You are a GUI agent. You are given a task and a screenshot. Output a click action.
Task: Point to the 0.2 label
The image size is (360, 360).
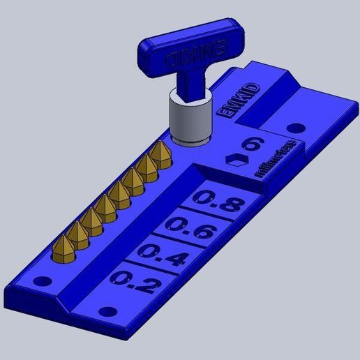[134, 282]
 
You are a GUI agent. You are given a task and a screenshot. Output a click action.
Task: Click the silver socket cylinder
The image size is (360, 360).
[190, 120]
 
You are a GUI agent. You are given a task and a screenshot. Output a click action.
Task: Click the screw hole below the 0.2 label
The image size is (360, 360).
[107, 311]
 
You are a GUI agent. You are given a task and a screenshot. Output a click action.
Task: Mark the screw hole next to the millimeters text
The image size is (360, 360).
[296, 128]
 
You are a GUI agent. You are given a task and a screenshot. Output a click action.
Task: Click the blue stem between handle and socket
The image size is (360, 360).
[187, 83]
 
